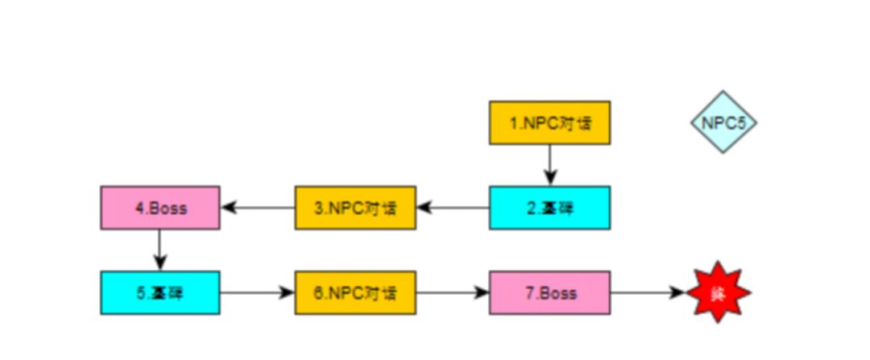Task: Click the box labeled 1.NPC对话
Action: coord(549,123)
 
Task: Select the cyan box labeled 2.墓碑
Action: coord(549,208)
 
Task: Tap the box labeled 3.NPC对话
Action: coord(354,208)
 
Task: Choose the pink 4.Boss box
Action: coord(159,208)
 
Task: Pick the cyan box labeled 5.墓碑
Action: coord(159,292)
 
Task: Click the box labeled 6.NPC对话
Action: coord(354,292)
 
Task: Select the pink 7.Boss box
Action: coord(549,292)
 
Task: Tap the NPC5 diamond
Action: coord(723,122)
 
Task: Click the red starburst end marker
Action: coord(718,292)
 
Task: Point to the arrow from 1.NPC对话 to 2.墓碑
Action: coord(549,165)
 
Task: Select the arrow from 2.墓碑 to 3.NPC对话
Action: coord(453,208)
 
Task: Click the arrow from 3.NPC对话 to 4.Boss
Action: coord(258,208)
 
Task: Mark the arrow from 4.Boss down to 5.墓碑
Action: coord(159,250)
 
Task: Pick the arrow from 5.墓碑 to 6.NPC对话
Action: coord(258,292)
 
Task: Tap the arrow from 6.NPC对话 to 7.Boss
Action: coord(453,292)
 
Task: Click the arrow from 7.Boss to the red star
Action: coord(647,292)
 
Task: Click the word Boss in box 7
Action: coord(557,292)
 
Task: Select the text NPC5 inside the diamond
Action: coord(723,123)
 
